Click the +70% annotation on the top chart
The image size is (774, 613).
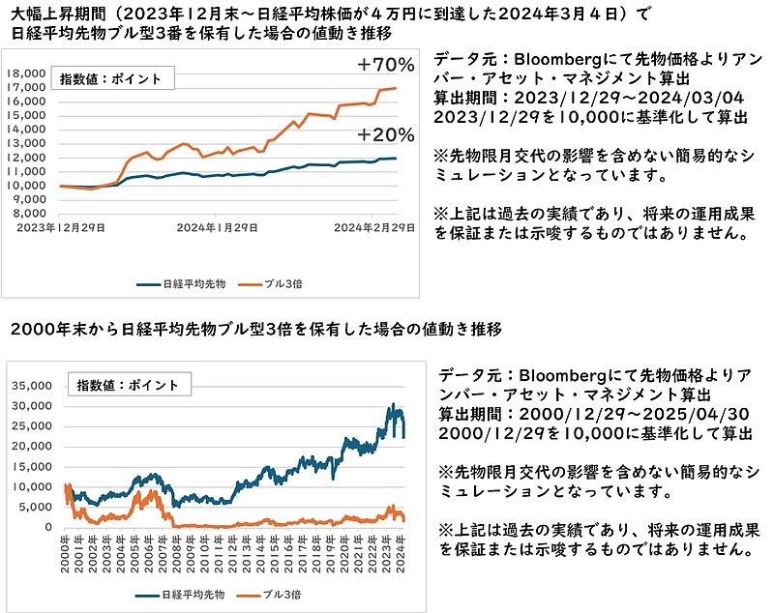[x=385, y=66]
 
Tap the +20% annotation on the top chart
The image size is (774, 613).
[x=385, y=134]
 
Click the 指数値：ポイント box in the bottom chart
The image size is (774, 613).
[x=129, y=384]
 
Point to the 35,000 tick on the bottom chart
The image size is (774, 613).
[x=34, y=385]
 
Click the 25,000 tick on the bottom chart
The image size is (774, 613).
[x=34, y=425]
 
